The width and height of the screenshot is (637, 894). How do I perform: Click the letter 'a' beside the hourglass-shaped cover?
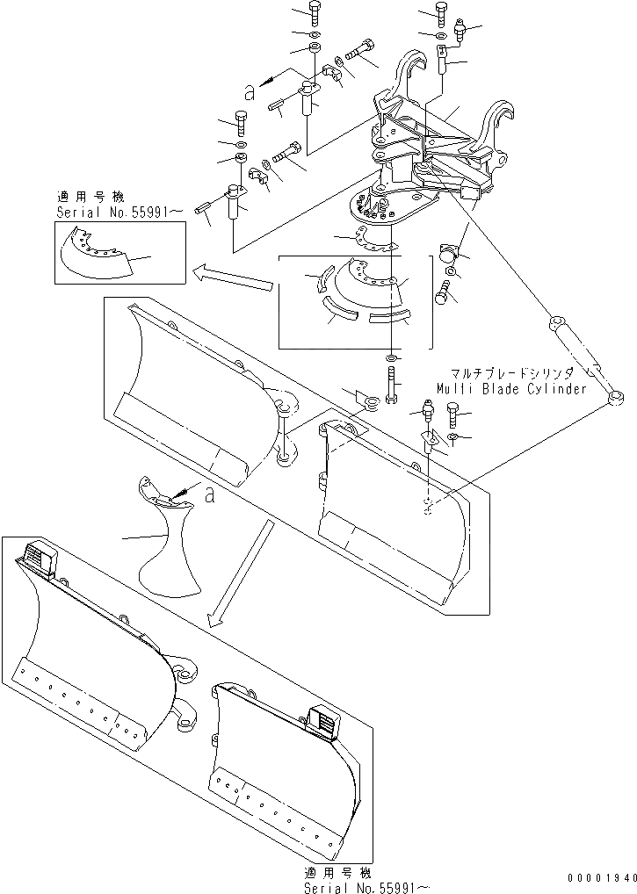pyautogui.click(x=209, y=494)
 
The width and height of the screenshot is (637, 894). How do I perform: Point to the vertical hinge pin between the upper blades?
pyautogui.click(x=285, y=430)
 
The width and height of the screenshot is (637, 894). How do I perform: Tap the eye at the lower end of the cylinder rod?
pyautogui.click(x=612, y=400)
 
